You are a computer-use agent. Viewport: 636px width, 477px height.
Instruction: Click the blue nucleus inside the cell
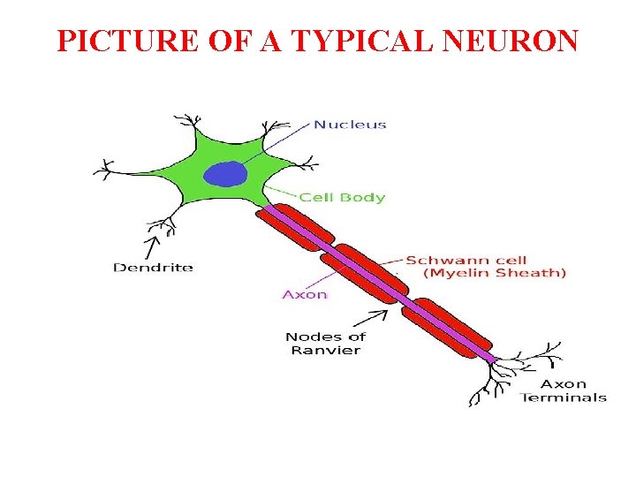click(225, 173)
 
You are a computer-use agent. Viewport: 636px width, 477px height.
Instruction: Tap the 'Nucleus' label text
click(350, 125)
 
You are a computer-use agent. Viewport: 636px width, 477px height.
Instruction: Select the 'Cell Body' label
click(342, 197)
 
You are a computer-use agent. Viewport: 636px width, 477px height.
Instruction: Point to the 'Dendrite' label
click(153, 267)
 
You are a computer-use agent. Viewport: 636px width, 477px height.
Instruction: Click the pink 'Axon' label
click(305, 294)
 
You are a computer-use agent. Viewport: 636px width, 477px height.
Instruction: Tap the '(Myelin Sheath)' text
click(495, 274)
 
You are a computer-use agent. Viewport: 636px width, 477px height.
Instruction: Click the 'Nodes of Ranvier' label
click(325, 343)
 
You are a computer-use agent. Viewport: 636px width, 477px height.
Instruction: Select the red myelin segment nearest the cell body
click(296, 228)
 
